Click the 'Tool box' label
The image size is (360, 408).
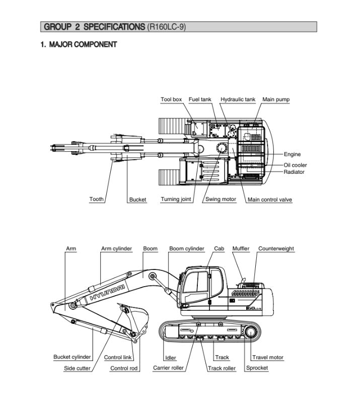tap(171, 100)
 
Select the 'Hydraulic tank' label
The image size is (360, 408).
tap(238, 100)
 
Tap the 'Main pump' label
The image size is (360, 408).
tap(276, 100)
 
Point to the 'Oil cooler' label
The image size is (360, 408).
tap(295, 165)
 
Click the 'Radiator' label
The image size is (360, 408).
tap(294, 172)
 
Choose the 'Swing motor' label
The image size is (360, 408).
tap(221, 199)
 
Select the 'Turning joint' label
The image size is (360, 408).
tap(176, 199)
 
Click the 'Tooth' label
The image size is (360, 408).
tap(97, 199)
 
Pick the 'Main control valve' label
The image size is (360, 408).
tap(270, 200)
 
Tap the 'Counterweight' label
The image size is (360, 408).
tap(276, 249)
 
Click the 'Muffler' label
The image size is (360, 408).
tap(241, 249)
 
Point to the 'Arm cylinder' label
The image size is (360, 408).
tap(116, 249)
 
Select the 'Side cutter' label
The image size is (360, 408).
tap(77, 368)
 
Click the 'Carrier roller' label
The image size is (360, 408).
tap(168, 368)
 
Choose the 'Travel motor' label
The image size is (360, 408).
tap(268, 358)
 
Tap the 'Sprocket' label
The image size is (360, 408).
tap(257, 368)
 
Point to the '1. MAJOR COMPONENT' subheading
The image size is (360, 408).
tap(79, 44)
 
